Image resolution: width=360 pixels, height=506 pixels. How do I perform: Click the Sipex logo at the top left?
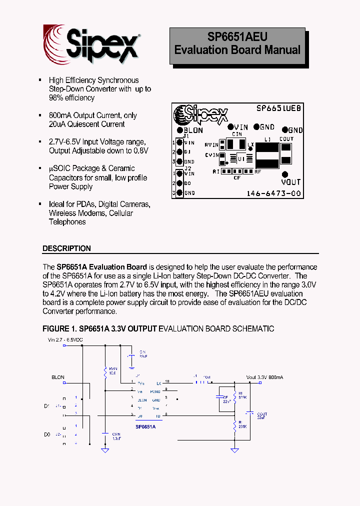tap(90, 44)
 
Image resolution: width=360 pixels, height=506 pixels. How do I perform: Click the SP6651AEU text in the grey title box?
tap(237, 37)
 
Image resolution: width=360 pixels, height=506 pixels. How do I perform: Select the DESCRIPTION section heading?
tap(66, 248)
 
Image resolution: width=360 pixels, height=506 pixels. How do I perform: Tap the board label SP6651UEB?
tap(278, 108)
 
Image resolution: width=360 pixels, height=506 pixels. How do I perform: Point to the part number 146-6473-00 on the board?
tap(274, 193)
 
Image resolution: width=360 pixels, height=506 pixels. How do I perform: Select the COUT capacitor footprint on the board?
tap(286, 153)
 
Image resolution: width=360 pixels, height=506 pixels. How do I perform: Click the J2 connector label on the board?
tap(188, 168)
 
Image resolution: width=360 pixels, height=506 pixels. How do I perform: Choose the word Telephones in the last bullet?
tap(67, 222)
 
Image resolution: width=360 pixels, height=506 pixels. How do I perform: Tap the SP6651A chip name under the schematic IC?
tap(145, 426)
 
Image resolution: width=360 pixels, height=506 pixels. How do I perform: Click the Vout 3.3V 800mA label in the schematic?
tap(264, 377)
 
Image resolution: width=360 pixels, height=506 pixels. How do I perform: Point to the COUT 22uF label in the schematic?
tap(262, 416)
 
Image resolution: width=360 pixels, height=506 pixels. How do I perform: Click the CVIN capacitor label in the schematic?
tap(116, 436)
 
